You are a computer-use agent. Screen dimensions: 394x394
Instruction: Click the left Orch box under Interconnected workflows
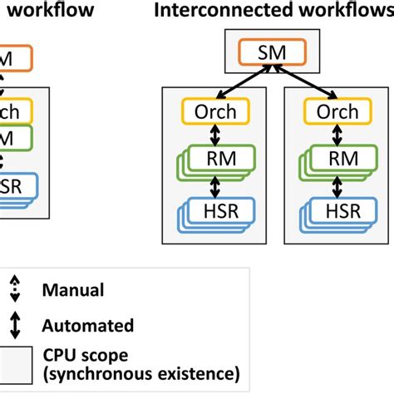point(209,111)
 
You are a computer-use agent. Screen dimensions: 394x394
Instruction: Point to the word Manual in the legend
point(72,290)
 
